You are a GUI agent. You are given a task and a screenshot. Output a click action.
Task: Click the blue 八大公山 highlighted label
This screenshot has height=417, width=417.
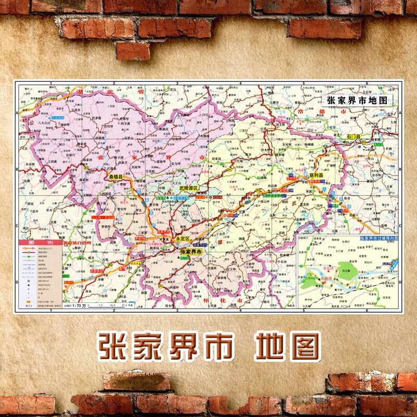pyautogui.click(x=58, y=119)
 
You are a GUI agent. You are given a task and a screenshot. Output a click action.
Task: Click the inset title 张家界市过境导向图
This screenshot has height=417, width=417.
pyautogui.click(x=378, y=238)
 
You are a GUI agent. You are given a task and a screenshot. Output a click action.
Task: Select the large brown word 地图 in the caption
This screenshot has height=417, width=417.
pyautogui.click(x=286, y=345)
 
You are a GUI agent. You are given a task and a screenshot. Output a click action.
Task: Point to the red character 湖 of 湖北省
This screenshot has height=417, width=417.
pyautogui.click(x=79, y=92)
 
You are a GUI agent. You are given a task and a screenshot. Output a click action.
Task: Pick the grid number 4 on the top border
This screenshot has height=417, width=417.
pyautogui.click(x=240, y=83)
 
